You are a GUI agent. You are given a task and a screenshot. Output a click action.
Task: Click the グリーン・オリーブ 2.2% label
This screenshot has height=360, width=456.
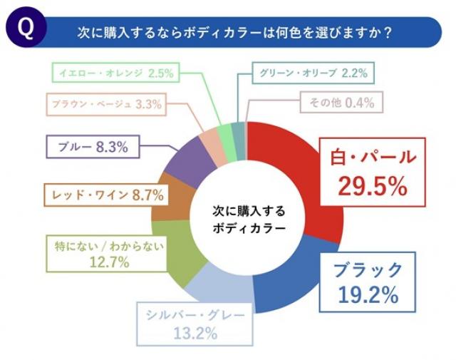pyautogui.click(x=314, y=73)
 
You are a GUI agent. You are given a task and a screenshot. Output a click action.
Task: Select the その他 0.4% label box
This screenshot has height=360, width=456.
pyautogui.click(x=341, y=103)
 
